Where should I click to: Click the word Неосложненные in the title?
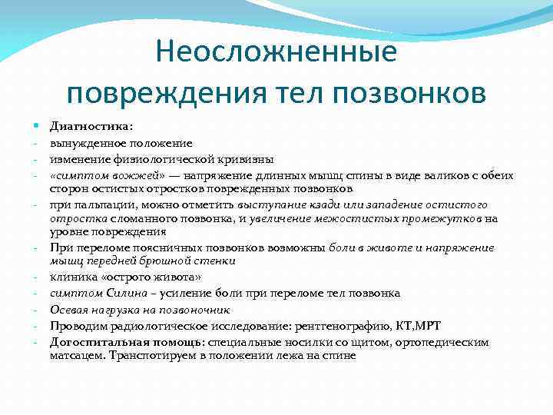coord(276,52)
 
